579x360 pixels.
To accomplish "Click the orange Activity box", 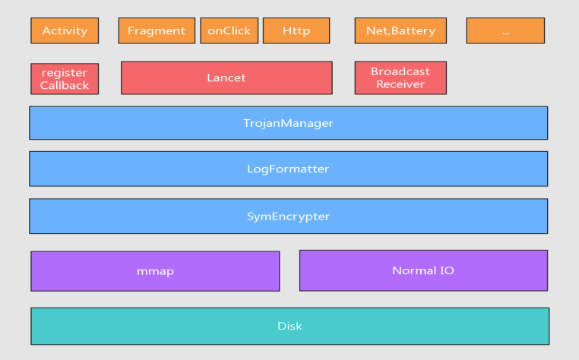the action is click(x=65, y=30).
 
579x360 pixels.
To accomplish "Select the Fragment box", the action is click(x=157, y=30).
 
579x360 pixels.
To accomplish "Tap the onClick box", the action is click(x=229, y=30).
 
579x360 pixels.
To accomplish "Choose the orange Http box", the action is click(x=296, y=30).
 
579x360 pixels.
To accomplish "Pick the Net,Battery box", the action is click(x=400, y=30).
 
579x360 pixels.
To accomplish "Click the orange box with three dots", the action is click(x=505, y=30).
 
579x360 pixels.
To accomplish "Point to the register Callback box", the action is click(x=65, y=79).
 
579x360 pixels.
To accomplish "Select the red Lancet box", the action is click(x=226, y=78).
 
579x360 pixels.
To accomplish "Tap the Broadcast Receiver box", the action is click(x=400, y=78).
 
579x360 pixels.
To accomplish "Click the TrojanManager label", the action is click(x=288, y=123).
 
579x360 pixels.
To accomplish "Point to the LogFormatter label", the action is click(x=288, y=169).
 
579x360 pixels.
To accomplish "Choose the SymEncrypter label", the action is click(x=288, y=216).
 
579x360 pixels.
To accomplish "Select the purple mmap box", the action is click(x=155, y=271).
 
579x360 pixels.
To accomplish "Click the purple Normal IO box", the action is click(x=423, y=270).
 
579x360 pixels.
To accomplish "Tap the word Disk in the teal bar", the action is click(x=289, y=326).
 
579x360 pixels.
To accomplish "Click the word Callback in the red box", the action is click(x=65, y=85).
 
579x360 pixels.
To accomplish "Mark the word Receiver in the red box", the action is click(x=400, y=84).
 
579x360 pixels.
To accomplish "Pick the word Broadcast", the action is click(x=400, y=71).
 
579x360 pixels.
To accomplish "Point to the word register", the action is click(x=65, y=73).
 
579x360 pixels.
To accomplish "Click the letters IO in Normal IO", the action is click(x=448, y=270).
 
